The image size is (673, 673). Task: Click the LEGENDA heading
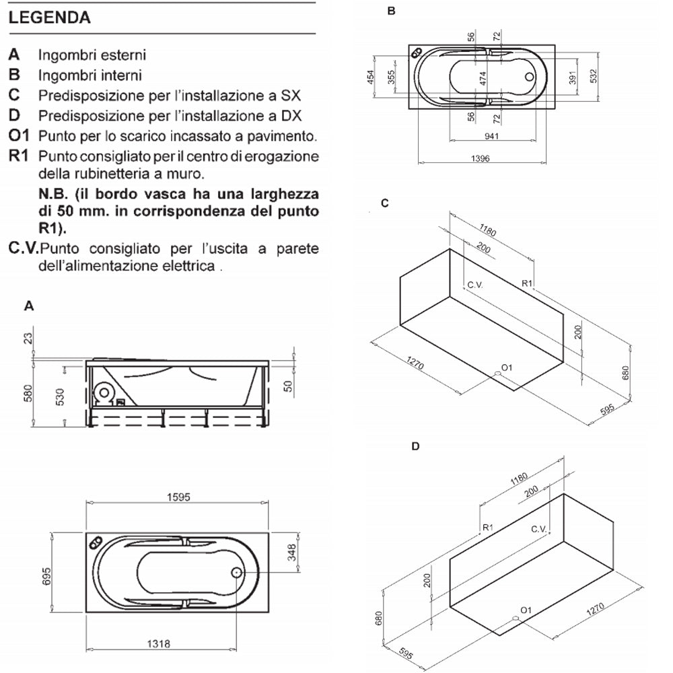50,17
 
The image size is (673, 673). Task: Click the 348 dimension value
291,553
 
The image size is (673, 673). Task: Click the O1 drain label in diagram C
507,367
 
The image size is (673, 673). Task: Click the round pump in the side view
104,392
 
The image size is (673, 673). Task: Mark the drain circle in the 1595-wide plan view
237,572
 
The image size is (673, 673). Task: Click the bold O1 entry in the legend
20,135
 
